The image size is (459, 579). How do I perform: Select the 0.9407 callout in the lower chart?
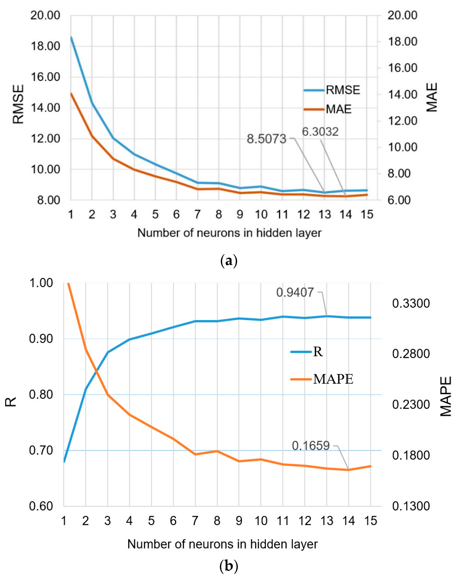point(295,292)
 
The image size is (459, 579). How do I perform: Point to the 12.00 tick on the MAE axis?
point(402,121)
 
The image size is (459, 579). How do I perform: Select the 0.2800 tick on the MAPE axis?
point(410,354)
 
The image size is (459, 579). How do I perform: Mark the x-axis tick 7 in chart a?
point(197,215)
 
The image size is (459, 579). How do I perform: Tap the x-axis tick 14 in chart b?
point(348,521)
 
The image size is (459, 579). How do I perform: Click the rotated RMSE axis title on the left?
point(18,104)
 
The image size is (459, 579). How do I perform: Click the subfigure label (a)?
point(229,261)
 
